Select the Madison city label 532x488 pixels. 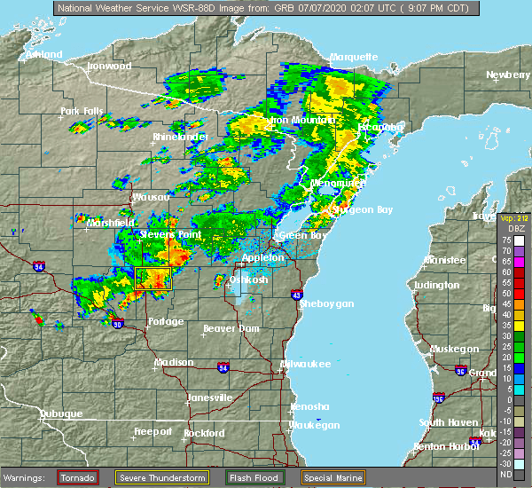point(174,362)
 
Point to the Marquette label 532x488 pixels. point(354,57)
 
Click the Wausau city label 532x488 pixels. point(150,197)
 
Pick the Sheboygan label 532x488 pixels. point(327,303)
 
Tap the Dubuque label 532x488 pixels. point(60,413)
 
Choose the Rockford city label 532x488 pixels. point(204,433)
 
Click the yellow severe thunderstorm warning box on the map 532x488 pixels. point(153,279)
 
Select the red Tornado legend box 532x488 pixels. point(78,477)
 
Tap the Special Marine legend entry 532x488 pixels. point(334,477)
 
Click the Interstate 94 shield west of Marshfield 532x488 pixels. point(39,265)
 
